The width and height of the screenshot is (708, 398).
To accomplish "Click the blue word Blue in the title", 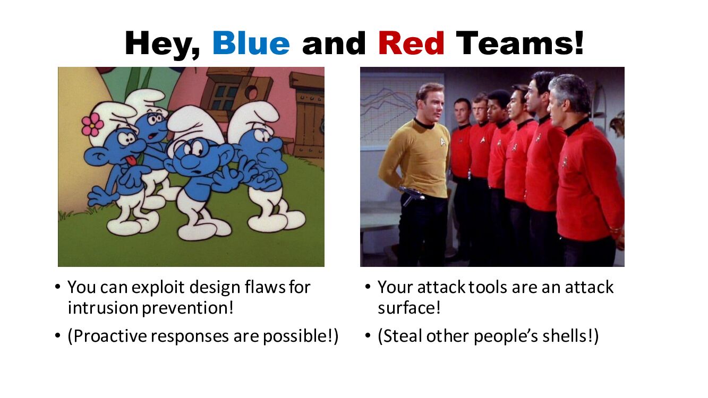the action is click(251, 43).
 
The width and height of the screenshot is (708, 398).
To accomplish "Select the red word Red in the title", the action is click(411, 43).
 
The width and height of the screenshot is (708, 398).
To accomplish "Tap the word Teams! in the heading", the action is click(519, 43).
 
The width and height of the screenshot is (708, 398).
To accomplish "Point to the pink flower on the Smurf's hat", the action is click(92, 125).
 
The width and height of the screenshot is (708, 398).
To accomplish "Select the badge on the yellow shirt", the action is click(443, 141).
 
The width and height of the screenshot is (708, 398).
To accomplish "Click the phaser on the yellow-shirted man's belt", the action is click(412, 193).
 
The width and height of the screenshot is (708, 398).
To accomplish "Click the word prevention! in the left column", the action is click(187, 308).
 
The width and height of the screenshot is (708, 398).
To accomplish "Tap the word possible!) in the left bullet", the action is click(301, 336).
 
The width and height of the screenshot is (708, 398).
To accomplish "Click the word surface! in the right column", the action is click(409, 308).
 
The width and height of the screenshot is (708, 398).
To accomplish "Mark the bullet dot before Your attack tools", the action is click(368, 287).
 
